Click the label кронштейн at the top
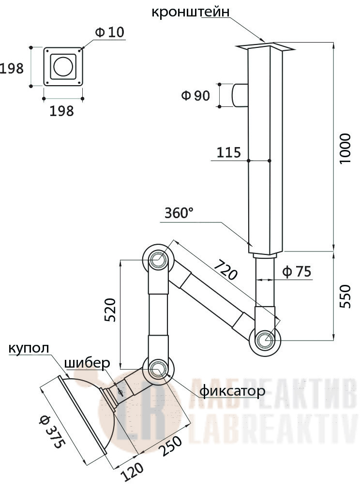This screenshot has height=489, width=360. coord(190,12)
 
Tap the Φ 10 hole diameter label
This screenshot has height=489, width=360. coord(109,32)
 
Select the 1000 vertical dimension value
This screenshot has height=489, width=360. coord(345,148)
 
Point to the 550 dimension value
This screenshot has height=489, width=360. coord(345,296)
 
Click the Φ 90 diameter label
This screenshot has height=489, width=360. coord(195,95)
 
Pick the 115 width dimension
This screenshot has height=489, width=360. coord(229,152)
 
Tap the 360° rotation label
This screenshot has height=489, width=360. coord(179,213)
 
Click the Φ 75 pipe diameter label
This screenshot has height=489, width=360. coord(297,272)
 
